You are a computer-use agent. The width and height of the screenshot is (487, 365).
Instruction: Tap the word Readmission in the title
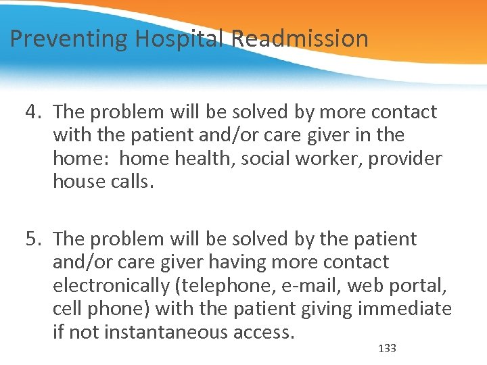300,39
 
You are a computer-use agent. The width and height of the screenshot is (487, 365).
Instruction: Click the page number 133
387,349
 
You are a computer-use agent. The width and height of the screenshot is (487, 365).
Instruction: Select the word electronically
111,286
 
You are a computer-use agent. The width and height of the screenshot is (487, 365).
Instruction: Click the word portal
419,286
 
